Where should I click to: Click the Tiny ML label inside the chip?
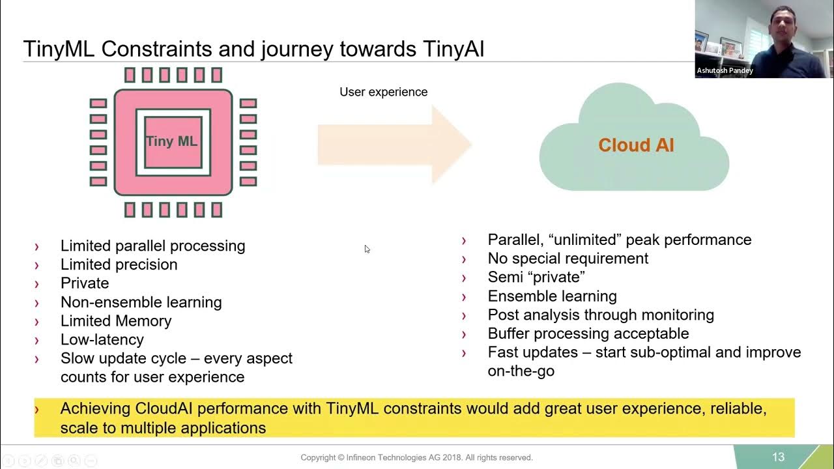coord(171,141)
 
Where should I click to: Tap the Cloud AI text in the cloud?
coord(636,145)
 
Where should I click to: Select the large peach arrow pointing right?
coord(394,145)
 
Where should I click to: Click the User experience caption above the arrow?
coord(383,92)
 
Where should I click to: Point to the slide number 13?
coord(778,457)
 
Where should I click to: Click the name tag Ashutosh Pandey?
coord(725,70)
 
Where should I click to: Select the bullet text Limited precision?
coord(119,264)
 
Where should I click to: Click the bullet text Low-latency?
coord(102,339)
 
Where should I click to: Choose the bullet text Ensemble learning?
coord(552,296)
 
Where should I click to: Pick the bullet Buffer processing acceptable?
coord(588,333)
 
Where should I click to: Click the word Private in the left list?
coord(85,283)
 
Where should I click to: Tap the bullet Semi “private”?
coord(536,277)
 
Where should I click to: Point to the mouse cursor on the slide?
coord(367,248)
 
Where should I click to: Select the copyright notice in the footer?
coord(416,457)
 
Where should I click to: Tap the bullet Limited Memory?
coord(116,320)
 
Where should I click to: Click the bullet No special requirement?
coord(568,258)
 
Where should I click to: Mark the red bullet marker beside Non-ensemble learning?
coord(36,302)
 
